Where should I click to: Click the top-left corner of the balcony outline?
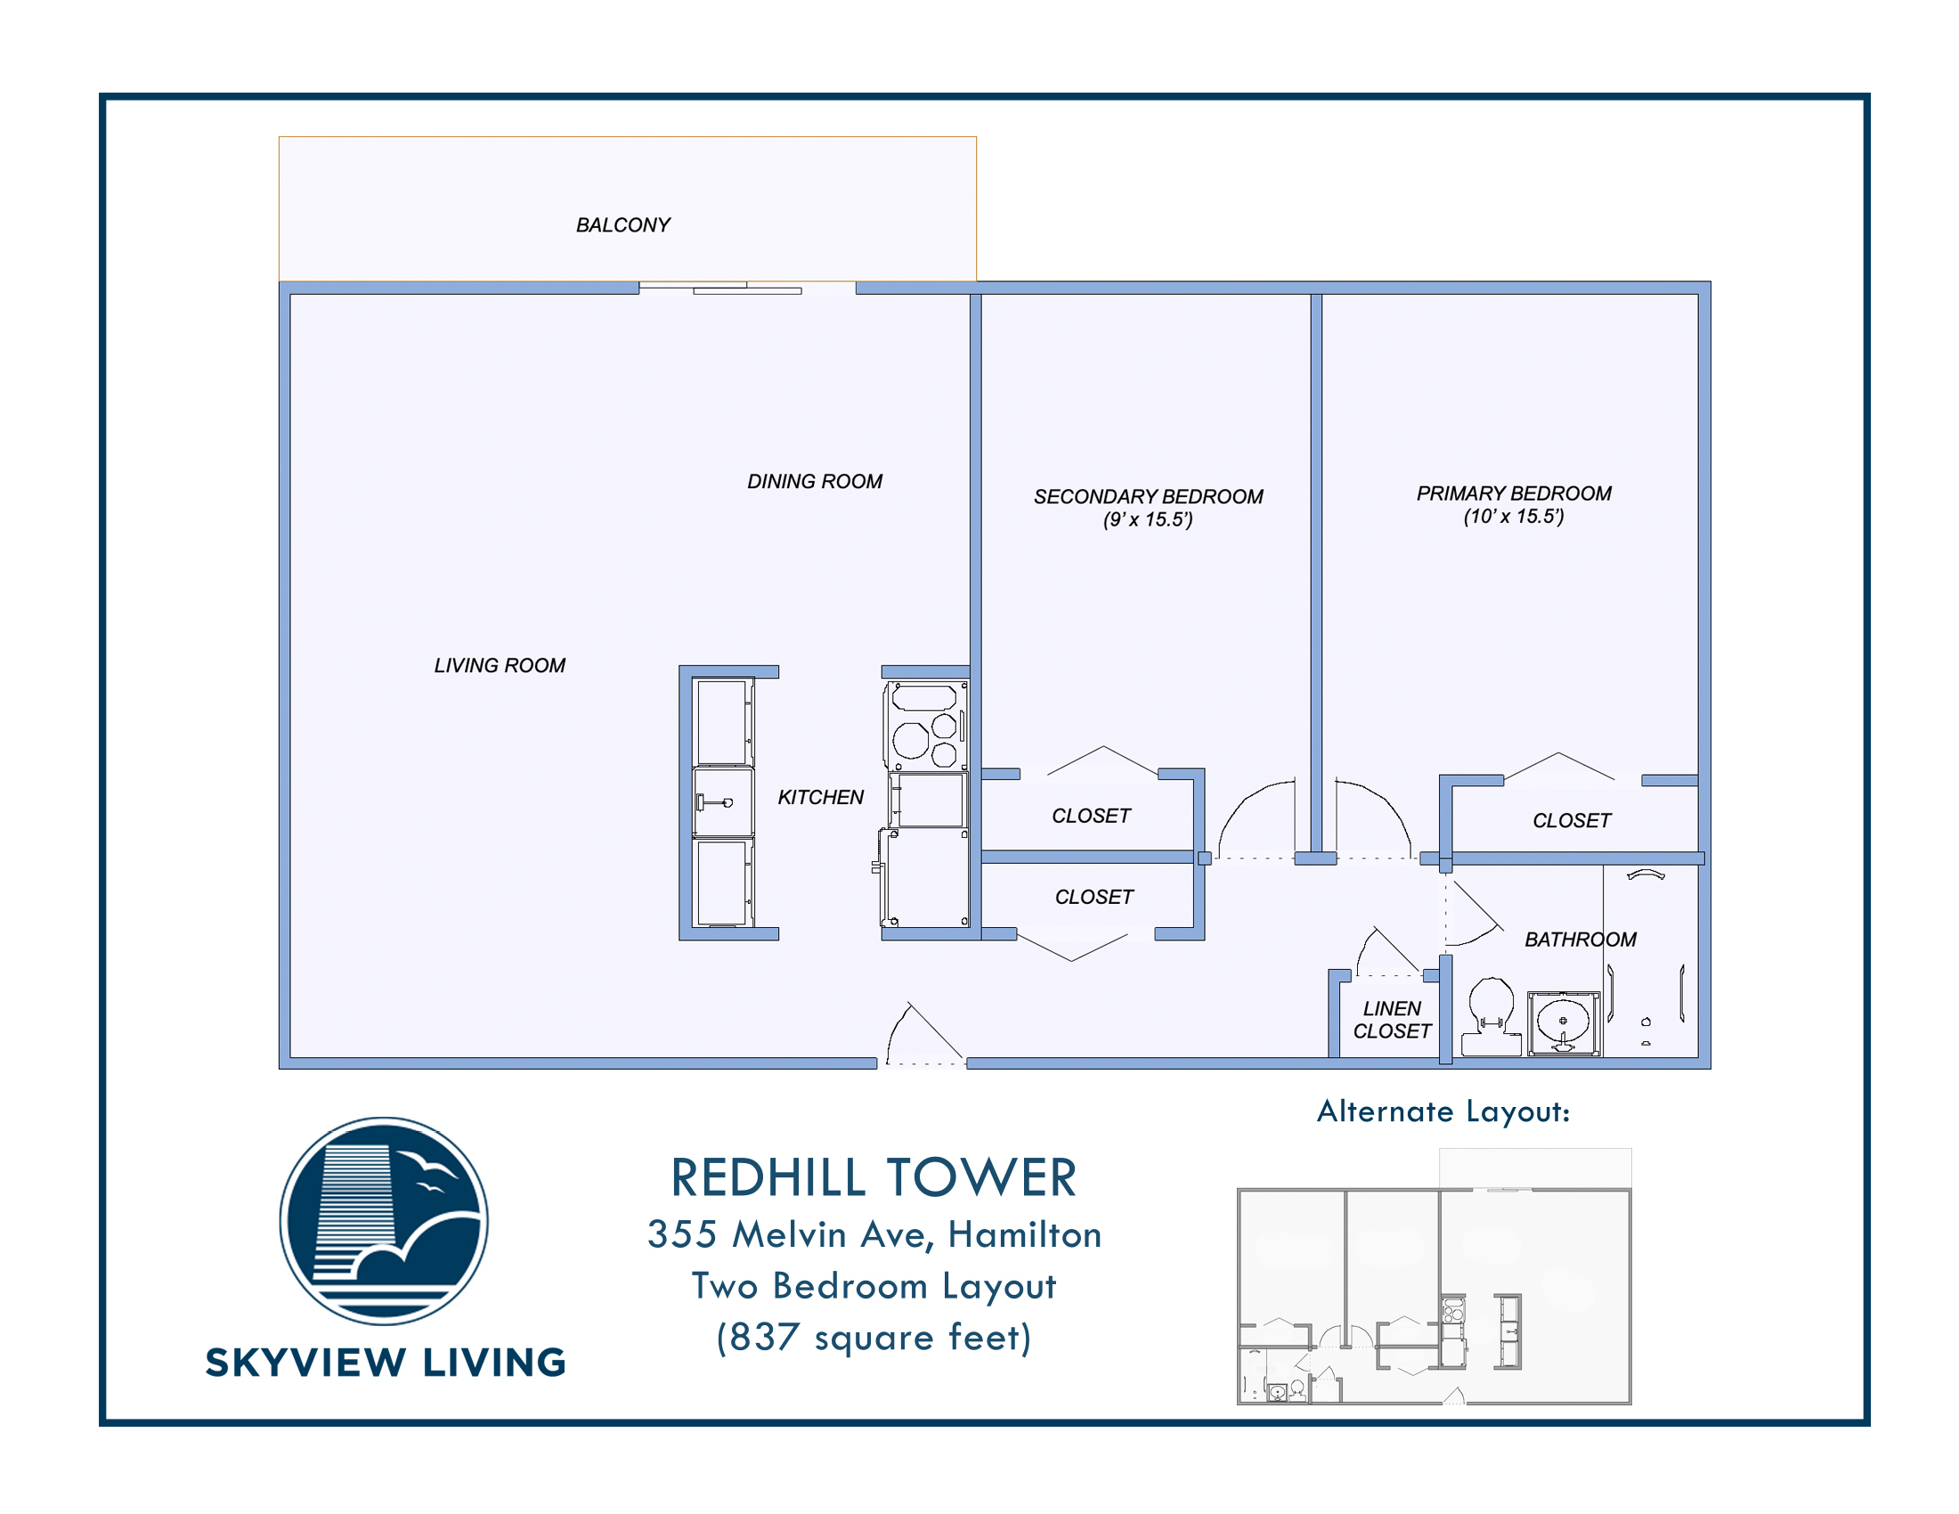pyautogui.click(x=279, y=137)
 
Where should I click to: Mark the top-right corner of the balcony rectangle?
pyautogui.click(x=976, y=137)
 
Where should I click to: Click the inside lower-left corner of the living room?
pyautogui.click(x=290, y=1057)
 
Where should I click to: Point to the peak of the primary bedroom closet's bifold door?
pyautogui.click(x=1559, y=753)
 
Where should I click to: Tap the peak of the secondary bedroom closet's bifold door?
pyautogui.click(x=1103, y=746)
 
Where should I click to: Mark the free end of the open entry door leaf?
pyautogui.click(x=909, y=1003)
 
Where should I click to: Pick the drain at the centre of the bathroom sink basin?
pyautogui.click(x=1564, y=1021)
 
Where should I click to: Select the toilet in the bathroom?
pyautogui.click(x=1491, y=1016)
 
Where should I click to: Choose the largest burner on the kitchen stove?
pyautogui.click(x=910, y=741)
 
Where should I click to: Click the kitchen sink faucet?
pyautogui.click(x=714, y=802)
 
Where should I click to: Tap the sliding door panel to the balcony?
pyautogui.click(x=747, y=290)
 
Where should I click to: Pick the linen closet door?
pyautogui.click(x=1388, y=952)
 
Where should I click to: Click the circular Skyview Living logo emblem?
pyautogui.click(x=384, y=1221)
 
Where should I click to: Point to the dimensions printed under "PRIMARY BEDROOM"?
pyautogui.click(x=1514, y=517)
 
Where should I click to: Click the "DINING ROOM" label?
pyautogui.click(x=815, y=482)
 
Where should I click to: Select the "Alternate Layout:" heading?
pyautogui.click(x=1443, y=1111)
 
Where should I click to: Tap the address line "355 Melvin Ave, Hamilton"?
pyautogui.click(x=874, y=1235)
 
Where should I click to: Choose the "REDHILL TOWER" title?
pyautogui.click(x=874, y=1177)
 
